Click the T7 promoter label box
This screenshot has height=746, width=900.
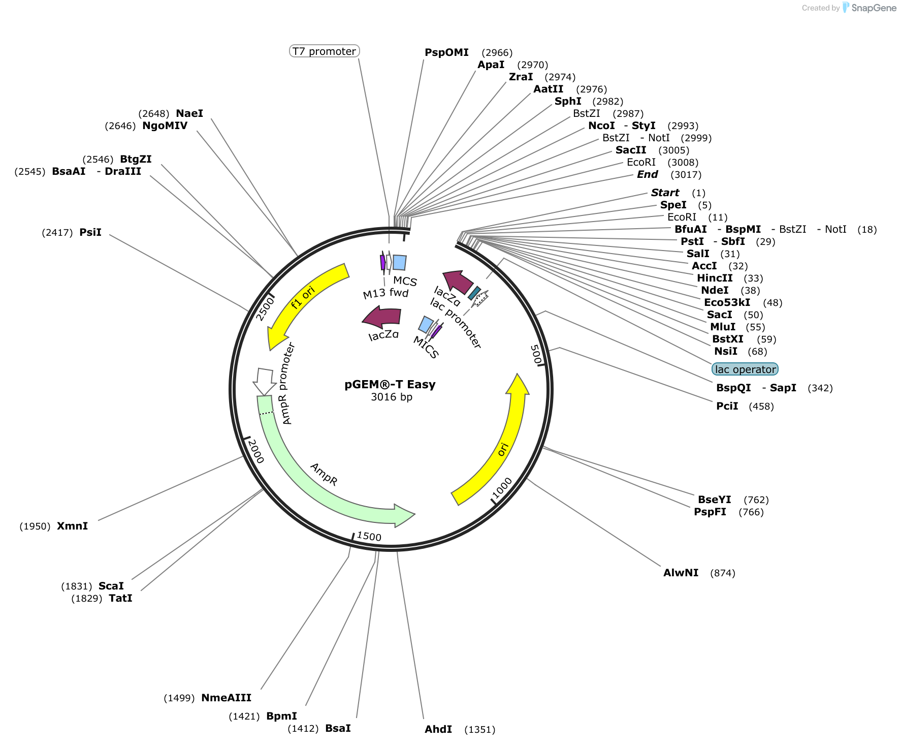point(324,51)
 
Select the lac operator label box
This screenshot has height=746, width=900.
point(745,369)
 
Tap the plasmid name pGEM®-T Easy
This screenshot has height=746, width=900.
point(390,385)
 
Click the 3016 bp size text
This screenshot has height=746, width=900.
point(391,397)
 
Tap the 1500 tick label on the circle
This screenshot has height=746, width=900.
point(369,536)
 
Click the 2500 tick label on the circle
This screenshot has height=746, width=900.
point(265,308)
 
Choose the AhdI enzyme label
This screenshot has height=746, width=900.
point(438,730)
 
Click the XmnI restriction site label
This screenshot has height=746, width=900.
point(72,526)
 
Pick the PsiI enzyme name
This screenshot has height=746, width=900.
point(90,232)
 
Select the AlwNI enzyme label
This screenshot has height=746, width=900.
point(681,573)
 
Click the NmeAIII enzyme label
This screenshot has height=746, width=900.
point(226,698)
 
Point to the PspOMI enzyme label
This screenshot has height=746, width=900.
point(446,52)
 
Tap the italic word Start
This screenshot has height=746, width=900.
point(665,193)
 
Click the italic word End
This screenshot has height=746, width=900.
point(648,174)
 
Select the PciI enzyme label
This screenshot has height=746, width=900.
point(727,406)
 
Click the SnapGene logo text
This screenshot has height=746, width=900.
point(874,8)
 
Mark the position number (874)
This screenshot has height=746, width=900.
point(722,573)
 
